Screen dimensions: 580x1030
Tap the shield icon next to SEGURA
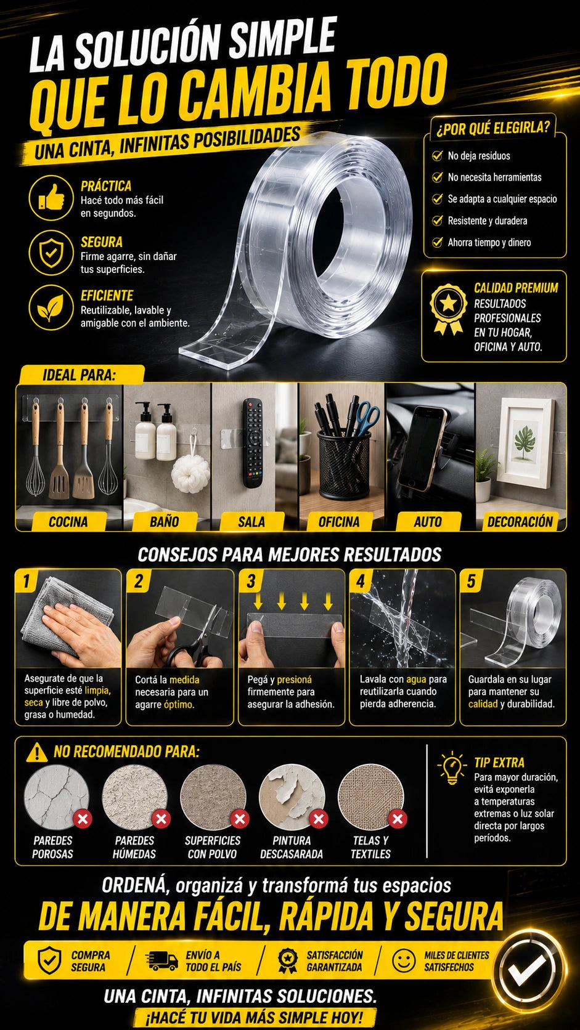pos(51,253)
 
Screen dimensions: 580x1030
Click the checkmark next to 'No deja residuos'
pos(437,155)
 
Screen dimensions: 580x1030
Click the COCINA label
pos(68,521)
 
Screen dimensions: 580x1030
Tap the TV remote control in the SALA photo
pos(253,442)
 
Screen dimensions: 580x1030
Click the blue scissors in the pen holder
pos(367,418)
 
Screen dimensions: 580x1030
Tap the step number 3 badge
pos(251,582)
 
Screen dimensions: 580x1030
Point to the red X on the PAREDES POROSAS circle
pos(83,819)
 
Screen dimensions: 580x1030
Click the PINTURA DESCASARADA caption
pos(292,847)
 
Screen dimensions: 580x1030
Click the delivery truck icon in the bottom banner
pos(161,960)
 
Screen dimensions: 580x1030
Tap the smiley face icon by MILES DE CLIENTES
pos(404,960)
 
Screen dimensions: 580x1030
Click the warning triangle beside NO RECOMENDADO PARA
pos(37,753)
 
